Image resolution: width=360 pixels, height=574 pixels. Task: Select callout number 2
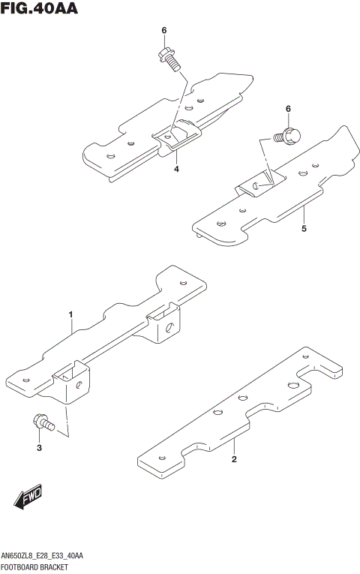[234, 459]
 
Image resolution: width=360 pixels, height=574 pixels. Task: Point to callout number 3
[39, 448]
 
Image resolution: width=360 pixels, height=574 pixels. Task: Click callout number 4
[176, 170]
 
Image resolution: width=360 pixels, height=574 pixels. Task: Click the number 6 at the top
[163, 30]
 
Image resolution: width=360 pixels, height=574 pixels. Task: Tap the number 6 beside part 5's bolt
[287, 110]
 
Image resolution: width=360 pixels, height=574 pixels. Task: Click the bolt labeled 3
[43, 424]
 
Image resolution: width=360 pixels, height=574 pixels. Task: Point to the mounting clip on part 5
[258, 182]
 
